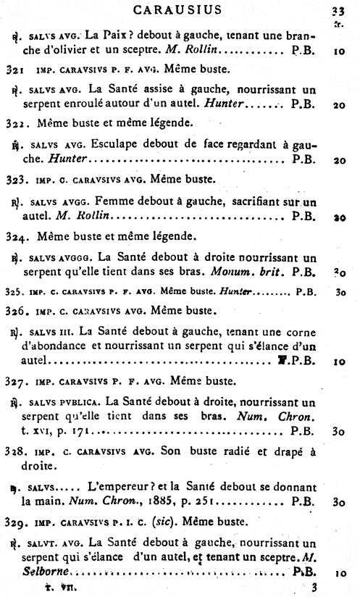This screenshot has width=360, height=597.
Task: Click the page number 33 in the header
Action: (337, 10)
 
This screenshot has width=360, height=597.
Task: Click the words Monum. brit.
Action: (248, 272)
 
